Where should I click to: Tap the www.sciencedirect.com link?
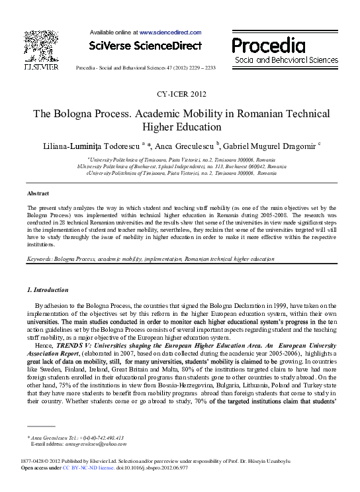click(169, 32)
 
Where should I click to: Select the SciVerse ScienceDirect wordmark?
click(144, 46)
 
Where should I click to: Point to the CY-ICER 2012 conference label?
click(179, 94)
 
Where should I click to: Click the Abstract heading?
click(37, 193)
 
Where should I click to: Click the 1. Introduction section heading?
click(47, 289)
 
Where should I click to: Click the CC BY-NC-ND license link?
click(87, 467)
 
